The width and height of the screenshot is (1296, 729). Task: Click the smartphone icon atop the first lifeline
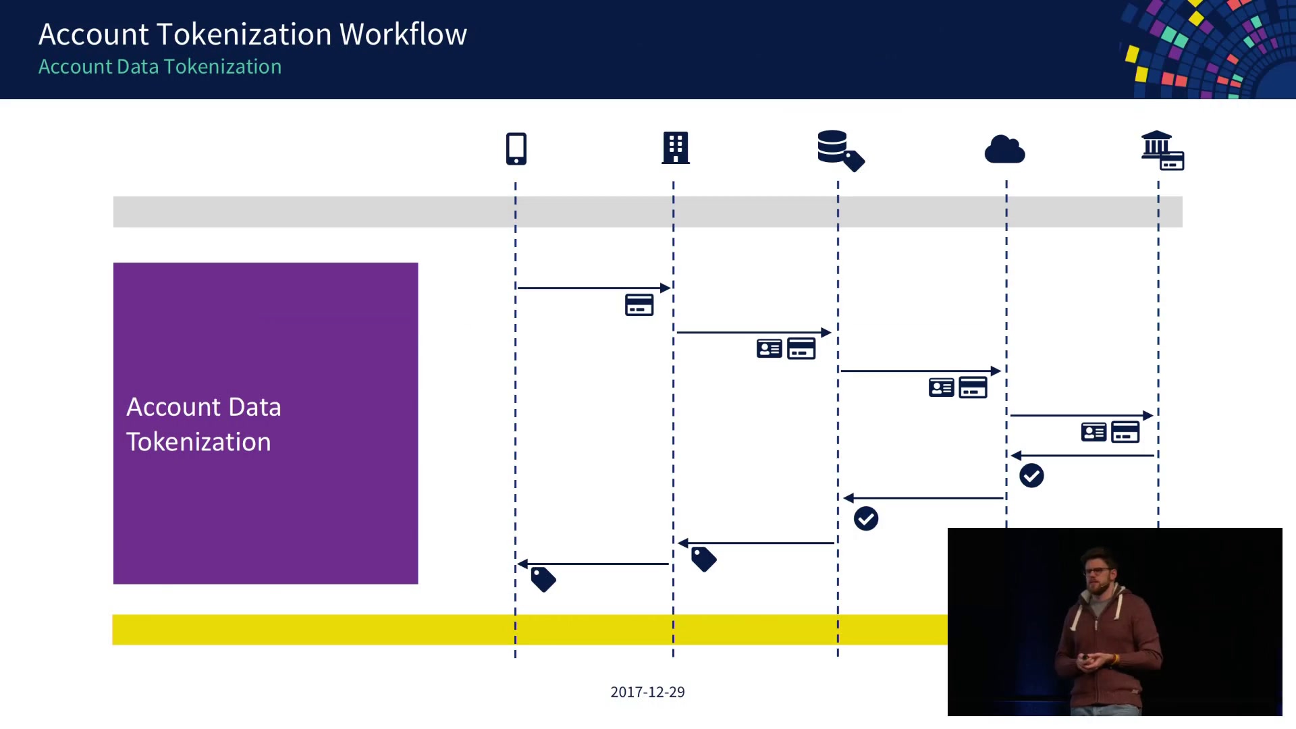[x=516, y=148]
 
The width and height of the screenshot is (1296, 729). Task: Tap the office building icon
[x=675, y=147]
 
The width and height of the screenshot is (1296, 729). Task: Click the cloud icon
[x=1004, y=149]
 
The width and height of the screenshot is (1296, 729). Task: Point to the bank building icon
[x=1162, y=150]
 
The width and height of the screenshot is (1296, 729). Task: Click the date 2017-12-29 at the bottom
[x=647, y=692]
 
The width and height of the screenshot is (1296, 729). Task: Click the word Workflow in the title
[x=403, y=34]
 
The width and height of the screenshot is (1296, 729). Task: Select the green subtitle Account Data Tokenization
[x=160, y=67]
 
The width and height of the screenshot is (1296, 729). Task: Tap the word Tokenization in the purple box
[x=198, y=441]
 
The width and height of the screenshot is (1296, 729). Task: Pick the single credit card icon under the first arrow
[x=639, y=305]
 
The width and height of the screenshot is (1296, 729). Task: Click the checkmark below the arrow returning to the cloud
[x=1031, y=476]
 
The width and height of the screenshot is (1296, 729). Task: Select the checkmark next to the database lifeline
[x=866, y=519]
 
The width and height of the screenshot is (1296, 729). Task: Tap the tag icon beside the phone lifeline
[x=543, y=579]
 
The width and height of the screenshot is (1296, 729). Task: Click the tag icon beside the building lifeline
[x=703, y=559]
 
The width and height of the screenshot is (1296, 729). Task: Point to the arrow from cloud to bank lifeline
[x=1082, y=415]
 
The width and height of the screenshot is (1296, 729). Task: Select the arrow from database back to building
[x=757, y=543]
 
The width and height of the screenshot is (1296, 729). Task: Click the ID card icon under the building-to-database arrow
[x=769, y=348]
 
